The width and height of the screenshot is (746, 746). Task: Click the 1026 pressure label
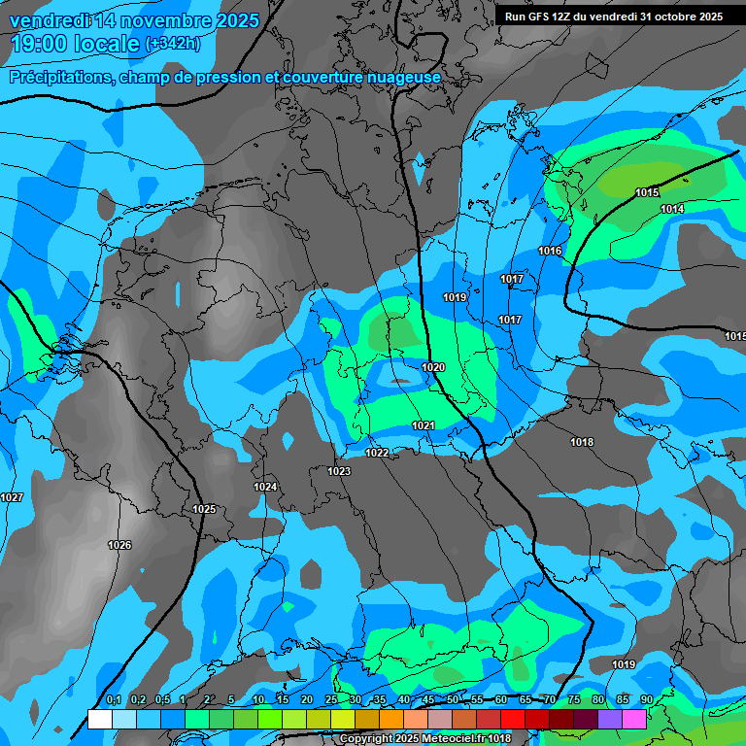tap(119, 545)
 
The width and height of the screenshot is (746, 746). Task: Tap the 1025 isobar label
tap(204, 509)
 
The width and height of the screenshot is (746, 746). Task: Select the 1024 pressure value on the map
tap(265, 487)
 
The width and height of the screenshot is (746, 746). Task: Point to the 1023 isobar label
tap(339, 471)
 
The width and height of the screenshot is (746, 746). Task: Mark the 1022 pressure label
tap(377, 453)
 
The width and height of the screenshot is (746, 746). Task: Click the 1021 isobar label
tap(424, 425)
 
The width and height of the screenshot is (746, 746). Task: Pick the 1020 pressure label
tap(433, 367)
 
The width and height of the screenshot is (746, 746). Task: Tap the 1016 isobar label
tap(550, 251)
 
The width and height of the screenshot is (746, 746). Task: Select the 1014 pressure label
tap(672, 209)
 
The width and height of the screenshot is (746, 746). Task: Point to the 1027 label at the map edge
tap(12, 497)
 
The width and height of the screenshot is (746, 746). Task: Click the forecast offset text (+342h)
tap(173, 44)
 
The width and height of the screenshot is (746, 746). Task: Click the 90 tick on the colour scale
tap(646, 699)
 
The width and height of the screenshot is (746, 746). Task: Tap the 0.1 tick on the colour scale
tap(114, 699)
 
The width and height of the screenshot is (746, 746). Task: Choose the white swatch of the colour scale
tap(99, 719)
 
